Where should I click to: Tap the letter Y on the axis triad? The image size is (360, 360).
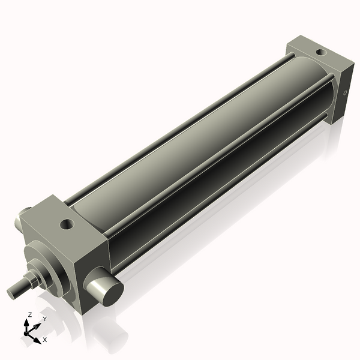44,319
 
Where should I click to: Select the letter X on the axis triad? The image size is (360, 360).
45,340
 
